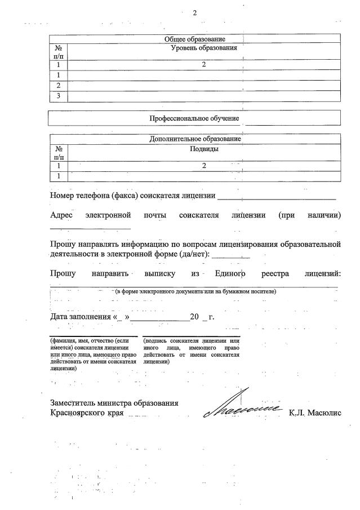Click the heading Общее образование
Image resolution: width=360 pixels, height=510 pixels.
click(194, 39)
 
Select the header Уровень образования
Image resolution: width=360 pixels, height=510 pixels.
click(203, 48)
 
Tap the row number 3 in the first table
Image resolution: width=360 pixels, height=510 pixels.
click(59, 96)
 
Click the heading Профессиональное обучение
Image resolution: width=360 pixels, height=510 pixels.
click(194, 118)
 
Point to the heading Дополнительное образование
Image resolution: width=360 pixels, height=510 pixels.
click(195, 139)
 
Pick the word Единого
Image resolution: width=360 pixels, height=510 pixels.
click(231, 274)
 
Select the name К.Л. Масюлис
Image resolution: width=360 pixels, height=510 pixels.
click(315, 413)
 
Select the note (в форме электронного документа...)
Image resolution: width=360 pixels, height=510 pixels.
click(195, 292)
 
